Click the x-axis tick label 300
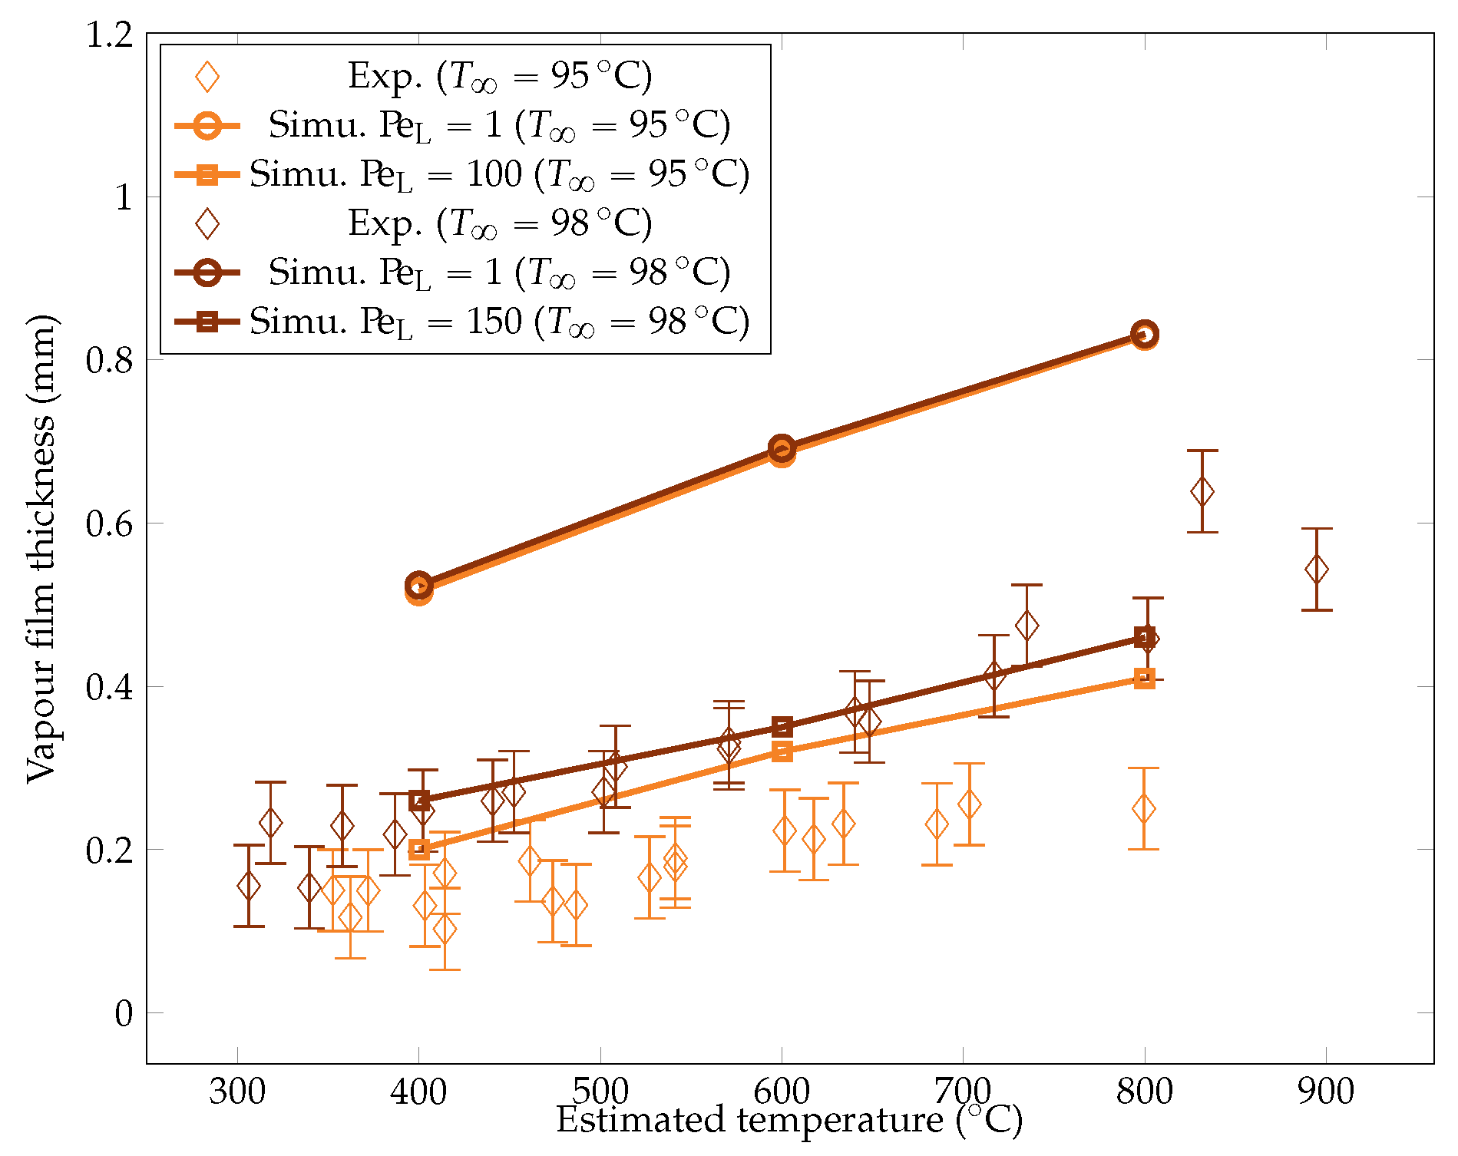[x=236, y=1092]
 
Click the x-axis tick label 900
[x=1326, y=1092]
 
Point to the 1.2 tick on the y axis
[x=109, y=35]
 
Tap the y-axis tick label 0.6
[x=109, y=524]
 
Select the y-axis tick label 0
[x=124, y=1014]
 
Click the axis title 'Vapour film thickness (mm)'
[x=41, y=549]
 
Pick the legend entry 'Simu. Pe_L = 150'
[x=499, y=322]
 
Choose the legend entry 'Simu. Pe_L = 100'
[x=499, y=174]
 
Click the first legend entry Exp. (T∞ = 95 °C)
[x=499, y=76]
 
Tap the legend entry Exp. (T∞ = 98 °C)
[x=499, y=223]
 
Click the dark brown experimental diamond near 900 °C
[x=1317, y=570]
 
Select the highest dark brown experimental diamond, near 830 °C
[x=1202, y=491]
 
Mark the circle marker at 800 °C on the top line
[x=1145, y=335]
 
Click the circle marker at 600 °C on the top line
[x=782, y=449]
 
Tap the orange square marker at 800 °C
[x=1145, y=679]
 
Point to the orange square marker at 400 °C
[x=418, y=850]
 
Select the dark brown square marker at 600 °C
[x=782, y=727]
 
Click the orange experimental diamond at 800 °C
[x=1143, y=808]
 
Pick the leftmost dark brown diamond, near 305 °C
[x=248, y=886]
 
